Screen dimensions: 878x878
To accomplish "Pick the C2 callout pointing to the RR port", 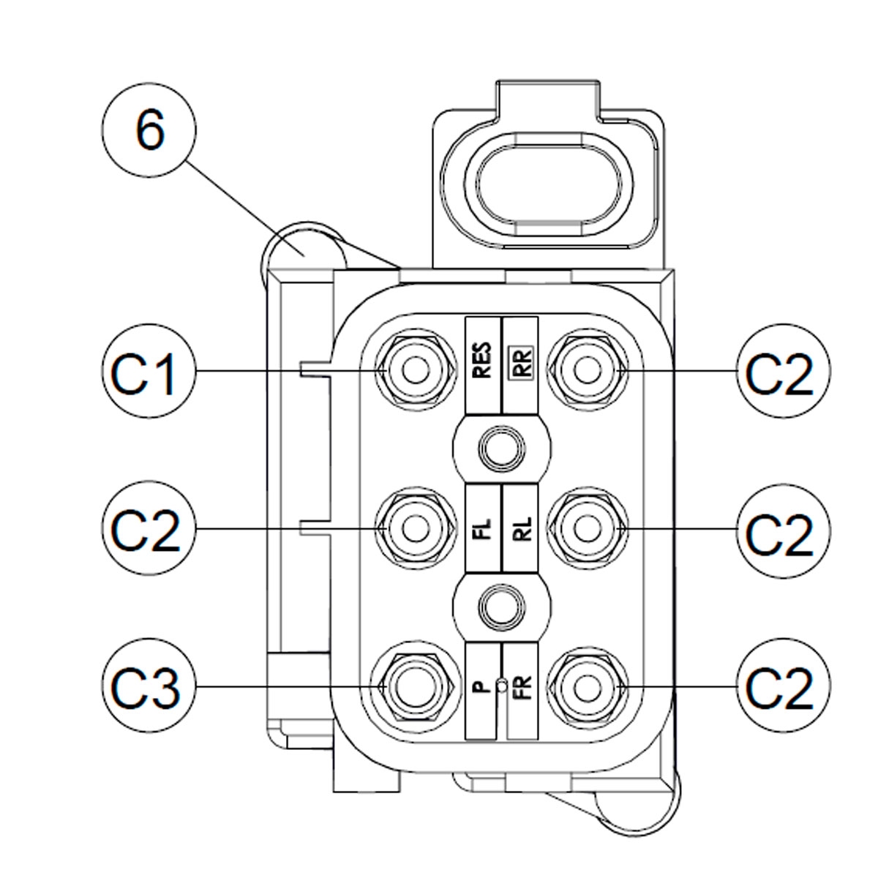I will coord(779,372).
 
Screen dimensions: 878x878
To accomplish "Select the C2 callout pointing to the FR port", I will coord(779,687).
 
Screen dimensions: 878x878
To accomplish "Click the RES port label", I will coord(482,361).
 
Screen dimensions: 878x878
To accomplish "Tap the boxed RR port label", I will coord(521,361).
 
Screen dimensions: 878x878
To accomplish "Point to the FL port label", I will coord(482,527).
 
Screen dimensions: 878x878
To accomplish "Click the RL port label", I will coord(521,527).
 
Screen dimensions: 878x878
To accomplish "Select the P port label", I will coord(481,687).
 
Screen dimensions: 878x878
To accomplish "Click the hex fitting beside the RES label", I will coord(416,370).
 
